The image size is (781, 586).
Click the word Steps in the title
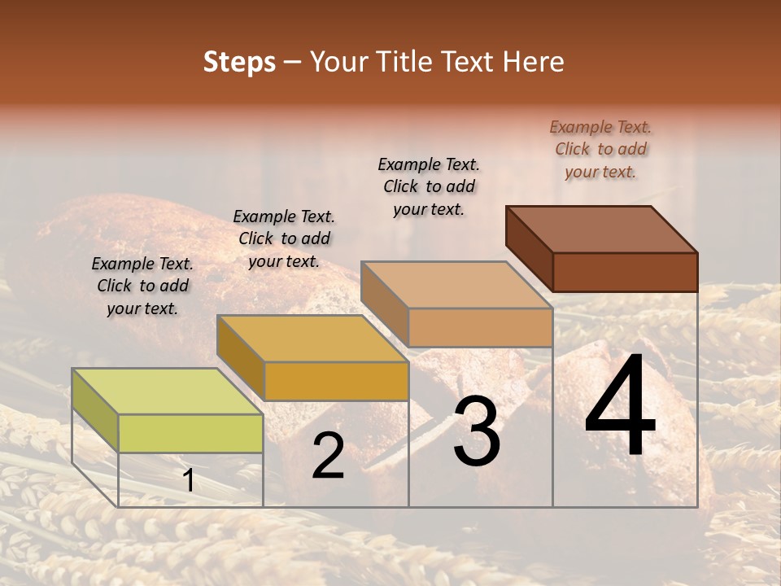point(239,62)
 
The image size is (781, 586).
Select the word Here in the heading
point(534,62)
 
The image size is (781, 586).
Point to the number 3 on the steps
point(477,432)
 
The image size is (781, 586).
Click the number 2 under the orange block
point(328,457)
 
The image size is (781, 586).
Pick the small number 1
point(188,480)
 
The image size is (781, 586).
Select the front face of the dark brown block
point(625,272)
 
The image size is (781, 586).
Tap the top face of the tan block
point(456,285)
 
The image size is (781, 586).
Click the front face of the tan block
point(480,327)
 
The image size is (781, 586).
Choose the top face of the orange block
point(312,339)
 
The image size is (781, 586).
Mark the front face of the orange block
point(336,381)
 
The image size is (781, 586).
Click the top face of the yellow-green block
point(168,391)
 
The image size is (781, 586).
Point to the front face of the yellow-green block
point(190,433)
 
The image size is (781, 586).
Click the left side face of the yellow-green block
point(95,410)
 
